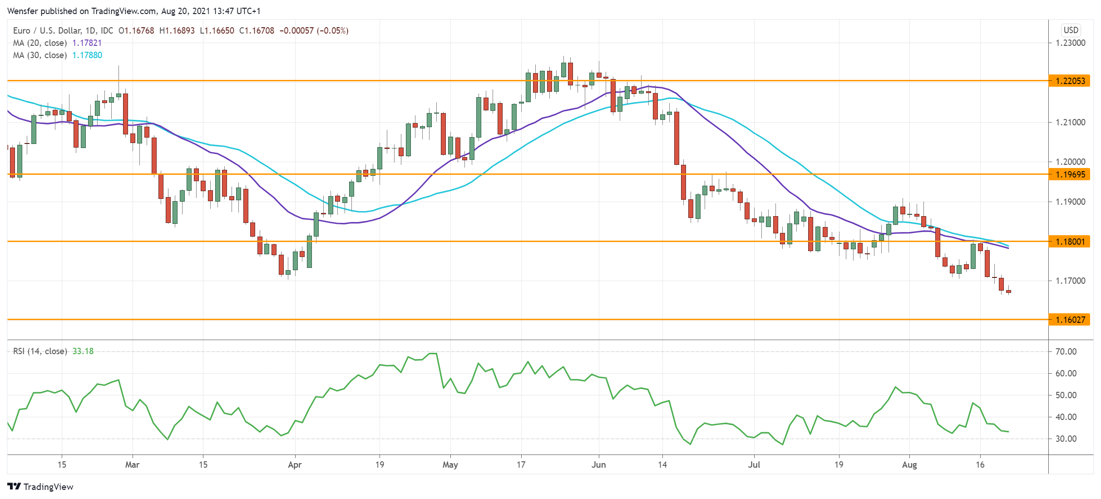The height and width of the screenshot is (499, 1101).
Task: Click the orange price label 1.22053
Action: click(1070, 81)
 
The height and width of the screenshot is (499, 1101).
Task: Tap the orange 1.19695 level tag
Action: click(1070, 174)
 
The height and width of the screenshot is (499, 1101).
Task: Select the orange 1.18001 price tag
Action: click(1070, 242)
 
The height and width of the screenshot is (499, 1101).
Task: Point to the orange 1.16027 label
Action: click(1070, 320)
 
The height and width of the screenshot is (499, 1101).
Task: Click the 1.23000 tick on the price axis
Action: click(1070, 43)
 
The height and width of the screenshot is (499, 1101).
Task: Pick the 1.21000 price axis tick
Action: click(1070, 122)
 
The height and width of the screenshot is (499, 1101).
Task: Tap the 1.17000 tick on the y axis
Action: click(1070, 281)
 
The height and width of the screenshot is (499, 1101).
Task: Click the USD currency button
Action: click(1071, 30)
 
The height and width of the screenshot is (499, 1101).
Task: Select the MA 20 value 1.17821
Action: click(87, 43)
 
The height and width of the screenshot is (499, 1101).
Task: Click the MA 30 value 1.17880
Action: click(87, 55)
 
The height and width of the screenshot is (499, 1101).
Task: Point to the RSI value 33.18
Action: click(83, 351)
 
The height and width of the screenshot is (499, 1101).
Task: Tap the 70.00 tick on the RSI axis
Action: click(1066, 351)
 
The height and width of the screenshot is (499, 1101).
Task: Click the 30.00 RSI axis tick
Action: click(1066, 439)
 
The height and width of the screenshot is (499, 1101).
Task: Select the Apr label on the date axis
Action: click(295, 464)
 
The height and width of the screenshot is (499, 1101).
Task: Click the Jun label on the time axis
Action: click(598, 464)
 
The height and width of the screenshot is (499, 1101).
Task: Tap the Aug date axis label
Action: click(909, 464)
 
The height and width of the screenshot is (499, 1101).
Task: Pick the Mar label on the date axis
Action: click(132, 464)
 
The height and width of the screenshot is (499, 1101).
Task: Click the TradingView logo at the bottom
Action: click(40, 487)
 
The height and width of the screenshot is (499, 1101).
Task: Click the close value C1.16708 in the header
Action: click(257, 31)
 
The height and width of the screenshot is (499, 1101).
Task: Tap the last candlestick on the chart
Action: click(1008, 291)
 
